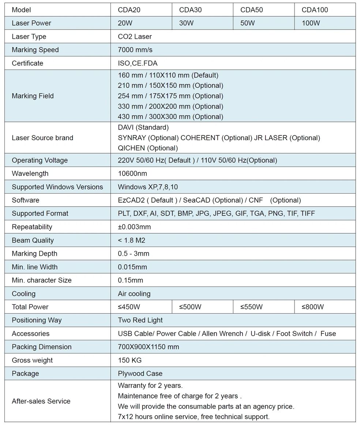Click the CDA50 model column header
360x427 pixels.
251,10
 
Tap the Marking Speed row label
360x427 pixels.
35,50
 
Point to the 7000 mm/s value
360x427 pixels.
135,50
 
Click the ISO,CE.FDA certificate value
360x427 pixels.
138,63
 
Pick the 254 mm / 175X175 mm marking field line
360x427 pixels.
170,96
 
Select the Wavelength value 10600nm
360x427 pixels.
132,173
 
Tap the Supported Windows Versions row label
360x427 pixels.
57,187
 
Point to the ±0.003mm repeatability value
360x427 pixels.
134,227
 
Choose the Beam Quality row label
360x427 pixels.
33,240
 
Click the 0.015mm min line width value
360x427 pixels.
132,267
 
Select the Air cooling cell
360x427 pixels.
134,294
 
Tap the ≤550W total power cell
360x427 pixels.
251,307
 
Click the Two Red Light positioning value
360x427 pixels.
140,320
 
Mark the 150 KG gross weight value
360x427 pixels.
130,360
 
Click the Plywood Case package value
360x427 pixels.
140,374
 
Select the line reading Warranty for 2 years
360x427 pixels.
150,385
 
